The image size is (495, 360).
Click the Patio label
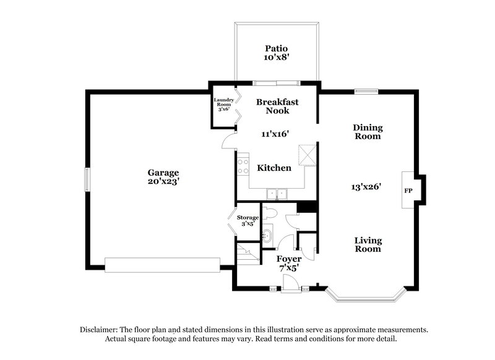click(277, 48)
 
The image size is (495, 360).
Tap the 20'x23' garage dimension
click(163, 182)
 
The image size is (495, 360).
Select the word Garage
click(163, 173)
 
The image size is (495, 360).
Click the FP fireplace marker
click(408, 191)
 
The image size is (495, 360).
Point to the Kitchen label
click(274, 168)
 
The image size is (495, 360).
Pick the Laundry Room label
click(223, 105)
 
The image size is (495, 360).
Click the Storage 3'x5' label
click(247, 221)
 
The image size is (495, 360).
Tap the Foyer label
click(289, 259)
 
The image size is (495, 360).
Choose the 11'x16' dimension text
click(273, 134)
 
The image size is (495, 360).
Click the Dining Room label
click(368, 132)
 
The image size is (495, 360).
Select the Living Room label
click(368, 244)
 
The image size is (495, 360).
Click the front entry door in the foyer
click(289, 283)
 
